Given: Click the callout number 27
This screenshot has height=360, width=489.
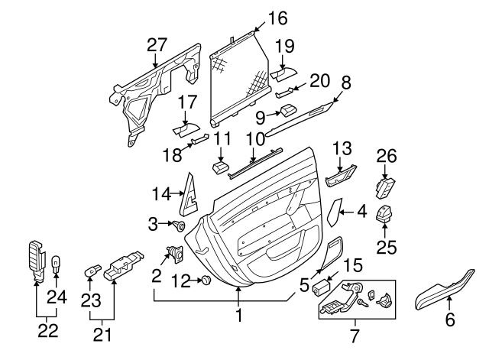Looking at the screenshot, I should [x=157, y=45].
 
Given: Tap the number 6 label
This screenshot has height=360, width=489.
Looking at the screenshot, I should [x=449, y=321].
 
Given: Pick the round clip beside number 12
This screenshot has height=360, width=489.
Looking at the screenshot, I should [x=206, y=281].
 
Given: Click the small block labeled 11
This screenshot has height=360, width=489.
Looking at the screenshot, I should [x=221, y=167].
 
